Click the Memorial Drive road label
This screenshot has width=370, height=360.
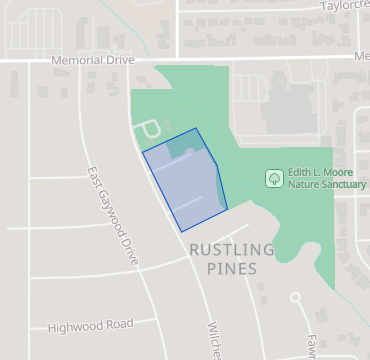click(92, 61)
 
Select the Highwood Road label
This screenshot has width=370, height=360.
click(91, 325)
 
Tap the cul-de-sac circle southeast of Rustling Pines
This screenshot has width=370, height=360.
click(295, 297)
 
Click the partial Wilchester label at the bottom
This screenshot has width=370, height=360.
click(213, 340)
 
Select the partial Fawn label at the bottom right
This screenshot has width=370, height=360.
click(312, 345)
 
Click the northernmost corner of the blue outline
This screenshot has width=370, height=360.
click(196, 128)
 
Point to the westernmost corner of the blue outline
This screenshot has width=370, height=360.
click(143, 153)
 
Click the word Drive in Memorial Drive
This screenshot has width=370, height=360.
click(116, 61)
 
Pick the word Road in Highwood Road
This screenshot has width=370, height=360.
click(119, 325)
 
